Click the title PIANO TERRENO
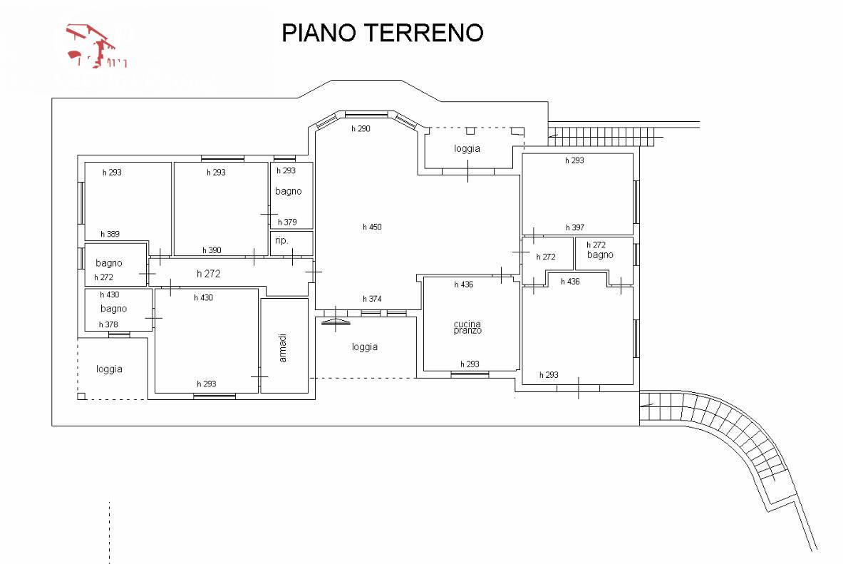pos(383,33)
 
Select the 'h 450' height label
pos(372,227)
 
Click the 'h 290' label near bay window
pos(361,129)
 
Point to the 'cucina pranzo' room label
pos(467,328)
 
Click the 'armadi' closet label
pos(283,347)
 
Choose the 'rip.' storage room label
pos(281,241)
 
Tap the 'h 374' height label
pos(372,299)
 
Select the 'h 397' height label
pos(575,227)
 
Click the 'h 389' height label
pos(110,234)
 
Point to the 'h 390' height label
pos(212,250)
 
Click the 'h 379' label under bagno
pos(287,222)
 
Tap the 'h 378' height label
pos(108,324)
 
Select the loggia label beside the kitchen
pos(364,347)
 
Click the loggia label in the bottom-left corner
pos(109,369)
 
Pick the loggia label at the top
pos(467,149)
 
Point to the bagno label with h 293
pos(289,191)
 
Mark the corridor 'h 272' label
pos(209,273)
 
